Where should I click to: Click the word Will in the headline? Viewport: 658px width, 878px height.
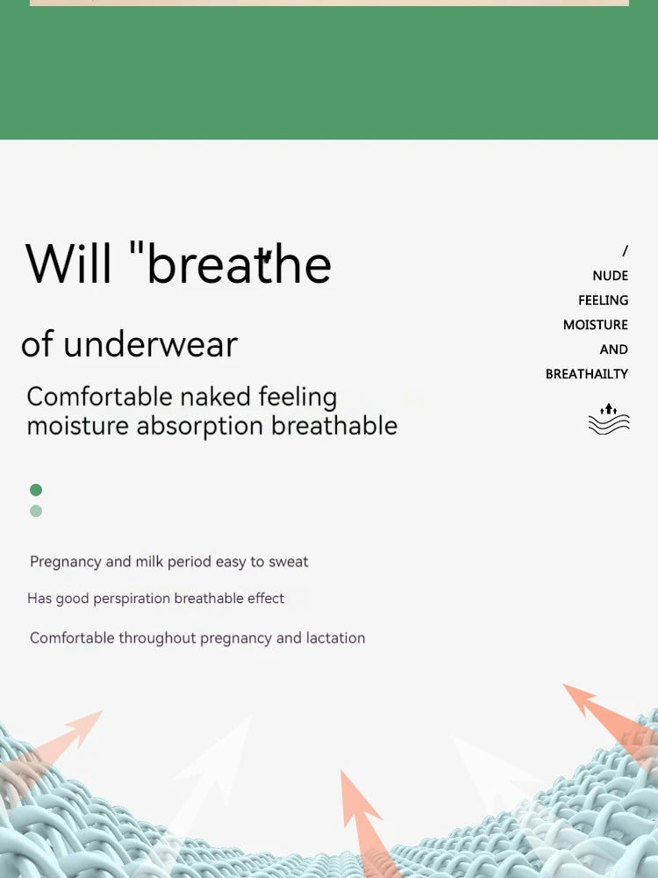point(68,263)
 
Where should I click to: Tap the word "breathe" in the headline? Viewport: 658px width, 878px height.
point(239,263)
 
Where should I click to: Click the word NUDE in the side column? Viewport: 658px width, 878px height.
point(610,276)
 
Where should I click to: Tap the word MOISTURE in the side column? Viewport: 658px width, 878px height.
point(595,325)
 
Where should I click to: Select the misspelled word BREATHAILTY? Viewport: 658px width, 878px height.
point(586,374)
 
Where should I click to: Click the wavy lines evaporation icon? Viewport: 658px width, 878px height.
point(609,419)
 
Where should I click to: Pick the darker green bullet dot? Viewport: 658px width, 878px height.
point(36,490)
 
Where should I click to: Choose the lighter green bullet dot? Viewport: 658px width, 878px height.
point(36,511)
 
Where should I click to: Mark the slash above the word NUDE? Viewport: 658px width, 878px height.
point(625,251)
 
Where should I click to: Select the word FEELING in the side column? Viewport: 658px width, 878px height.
point(603,300)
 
